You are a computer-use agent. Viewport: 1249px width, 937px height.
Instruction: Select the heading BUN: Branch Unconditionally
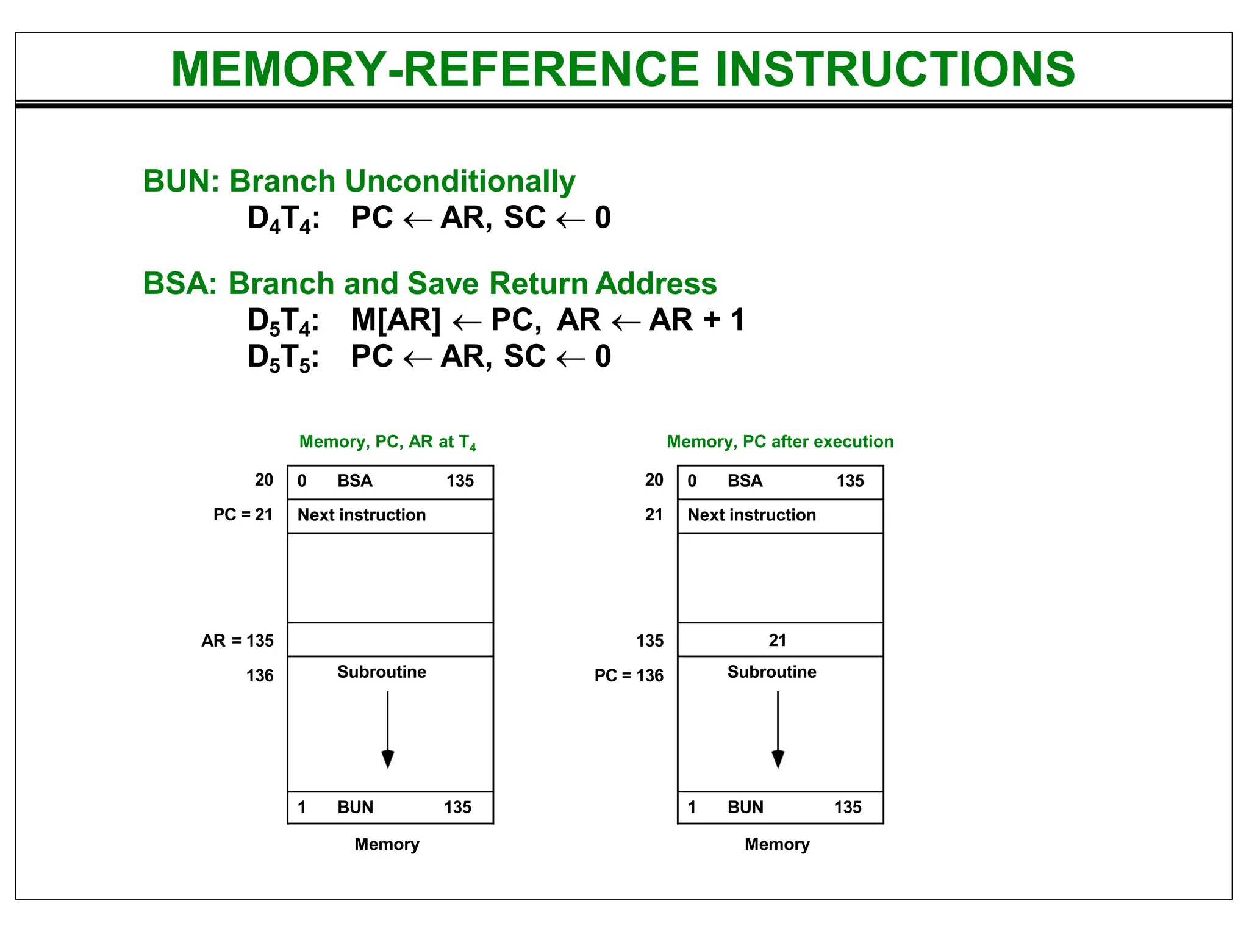[x=359, y=181]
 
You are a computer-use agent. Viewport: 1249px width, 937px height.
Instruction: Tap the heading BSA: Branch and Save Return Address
[x=429, y=284]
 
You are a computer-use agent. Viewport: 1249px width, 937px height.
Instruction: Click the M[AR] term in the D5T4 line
[x=395, y=320]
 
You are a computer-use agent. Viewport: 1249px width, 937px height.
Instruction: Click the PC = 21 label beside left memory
[x=243, y=514]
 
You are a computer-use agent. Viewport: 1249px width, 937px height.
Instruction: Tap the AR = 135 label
[x=237, y=641]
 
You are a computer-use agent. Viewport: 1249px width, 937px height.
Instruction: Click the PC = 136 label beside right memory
[x=628, y=675]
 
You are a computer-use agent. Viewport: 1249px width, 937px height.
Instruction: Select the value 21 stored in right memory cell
[x=777, y=641]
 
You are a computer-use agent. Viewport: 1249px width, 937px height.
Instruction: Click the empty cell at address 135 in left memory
[x=390, y=640]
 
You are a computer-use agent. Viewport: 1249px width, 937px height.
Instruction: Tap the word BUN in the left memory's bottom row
[x=355, y=807]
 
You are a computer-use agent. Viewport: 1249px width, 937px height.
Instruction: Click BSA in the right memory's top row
[x=745, y=481]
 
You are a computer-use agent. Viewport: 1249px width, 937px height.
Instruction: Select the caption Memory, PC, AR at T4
[x=387, y=442]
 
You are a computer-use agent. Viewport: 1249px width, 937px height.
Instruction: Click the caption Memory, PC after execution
[x=779, y=442]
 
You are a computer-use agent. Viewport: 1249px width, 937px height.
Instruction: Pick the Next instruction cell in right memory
[x=751, y=515]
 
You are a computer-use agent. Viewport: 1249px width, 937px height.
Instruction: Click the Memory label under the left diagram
[x=387, y=844]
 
